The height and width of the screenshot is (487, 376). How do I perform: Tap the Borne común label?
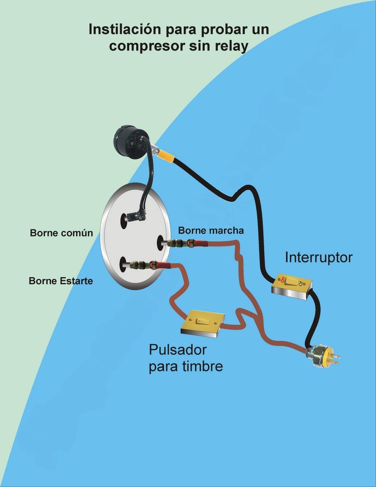tap(61, 233)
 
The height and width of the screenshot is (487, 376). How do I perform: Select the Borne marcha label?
tap(211, 231)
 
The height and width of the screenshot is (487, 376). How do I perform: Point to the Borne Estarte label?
tap(61, 281)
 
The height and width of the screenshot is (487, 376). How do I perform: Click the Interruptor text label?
tap(319, 258)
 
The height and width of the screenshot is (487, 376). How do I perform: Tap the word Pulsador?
tap(178, 350)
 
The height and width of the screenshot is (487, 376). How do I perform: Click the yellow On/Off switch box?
tap(291, 287)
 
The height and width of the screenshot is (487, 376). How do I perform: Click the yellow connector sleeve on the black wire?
tap(166, 157)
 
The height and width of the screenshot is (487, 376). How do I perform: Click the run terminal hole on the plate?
tap(161, 243)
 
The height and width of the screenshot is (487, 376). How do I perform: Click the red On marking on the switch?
tap(282, 279)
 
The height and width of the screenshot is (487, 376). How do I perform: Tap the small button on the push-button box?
tap(201, 321)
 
